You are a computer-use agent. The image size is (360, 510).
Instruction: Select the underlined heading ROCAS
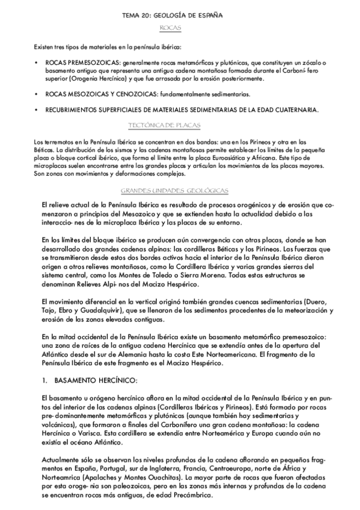(x=171, y=28)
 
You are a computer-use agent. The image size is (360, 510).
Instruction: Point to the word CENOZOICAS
(x=132, y=94)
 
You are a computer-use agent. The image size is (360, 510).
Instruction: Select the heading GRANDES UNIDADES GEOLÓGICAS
(x=174, y=191)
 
